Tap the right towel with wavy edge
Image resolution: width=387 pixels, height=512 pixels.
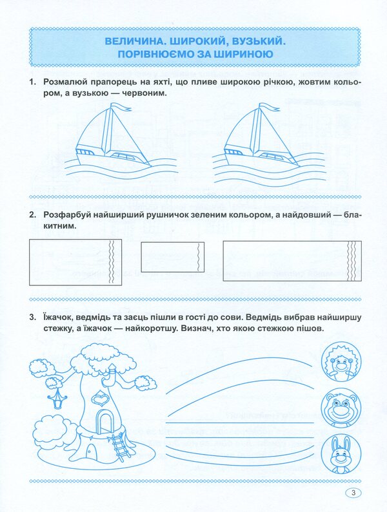[x=288, y=263]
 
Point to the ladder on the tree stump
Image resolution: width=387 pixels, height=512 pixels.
[x=119, y=446]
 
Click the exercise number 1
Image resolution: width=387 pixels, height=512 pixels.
[x=30, y=82]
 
